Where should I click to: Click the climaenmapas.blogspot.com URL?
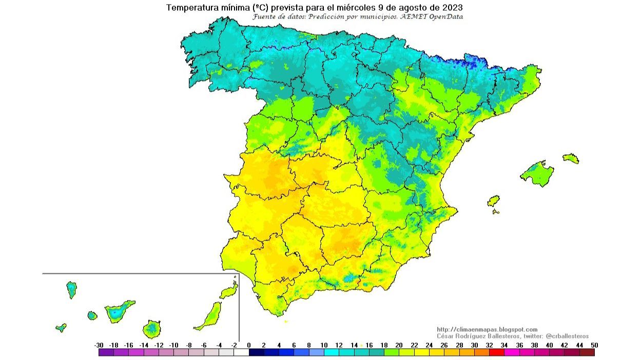pos(487,329)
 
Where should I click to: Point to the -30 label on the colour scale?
pos(99,345)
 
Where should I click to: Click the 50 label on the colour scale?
pos(594,345)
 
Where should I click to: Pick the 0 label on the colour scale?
pos(249,345)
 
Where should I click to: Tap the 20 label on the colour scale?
pos(399,345)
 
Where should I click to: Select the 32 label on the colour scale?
pos(489,345)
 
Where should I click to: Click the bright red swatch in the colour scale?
pos(496,352)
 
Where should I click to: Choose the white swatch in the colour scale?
pos(241,352)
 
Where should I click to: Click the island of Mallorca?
pos(537,173)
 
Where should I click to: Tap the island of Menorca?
pos(571,158)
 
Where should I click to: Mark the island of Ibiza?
pos(493,201)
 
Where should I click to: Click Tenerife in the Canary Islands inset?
pos(118,311)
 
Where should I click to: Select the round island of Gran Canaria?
pos(152,328)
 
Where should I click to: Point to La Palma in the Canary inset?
pos(71,289)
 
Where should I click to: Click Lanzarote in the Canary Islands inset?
pos(229,291)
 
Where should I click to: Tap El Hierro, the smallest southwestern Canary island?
pos(61,327)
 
